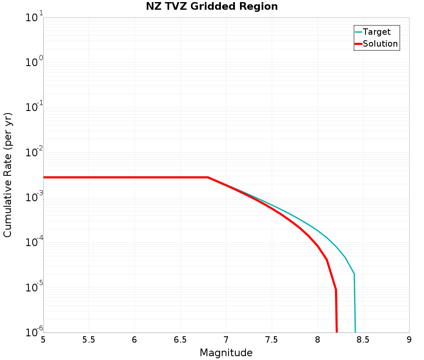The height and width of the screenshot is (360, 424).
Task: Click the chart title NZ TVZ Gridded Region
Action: [212, 7]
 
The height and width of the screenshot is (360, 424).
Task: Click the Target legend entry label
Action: [377, 32]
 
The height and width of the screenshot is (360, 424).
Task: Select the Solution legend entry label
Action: [380, 44]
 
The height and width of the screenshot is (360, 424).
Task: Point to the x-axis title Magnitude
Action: [226, 353]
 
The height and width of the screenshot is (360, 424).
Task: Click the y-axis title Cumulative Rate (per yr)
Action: [8, 175]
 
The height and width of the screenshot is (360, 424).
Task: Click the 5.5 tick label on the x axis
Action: [89, 340]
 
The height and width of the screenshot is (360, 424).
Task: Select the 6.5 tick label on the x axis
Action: [180, 340]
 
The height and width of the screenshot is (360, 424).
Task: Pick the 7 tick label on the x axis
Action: [226, 340]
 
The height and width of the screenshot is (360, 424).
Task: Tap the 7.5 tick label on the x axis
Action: [272, 340]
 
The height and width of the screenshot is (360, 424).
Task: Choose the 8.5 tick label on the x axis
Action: [363, 340]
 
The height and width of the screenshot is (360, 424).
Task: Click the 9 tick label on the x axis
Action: [409, 340]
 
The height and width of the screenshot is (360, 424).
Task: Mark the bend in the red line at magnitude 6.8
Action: [208, 177]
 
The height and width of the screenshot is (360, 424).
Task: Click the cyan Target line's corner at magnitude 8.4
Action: [354, 274]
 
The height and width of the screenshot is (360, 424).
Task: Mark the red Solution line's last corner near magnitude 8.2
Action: [336, 290]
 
